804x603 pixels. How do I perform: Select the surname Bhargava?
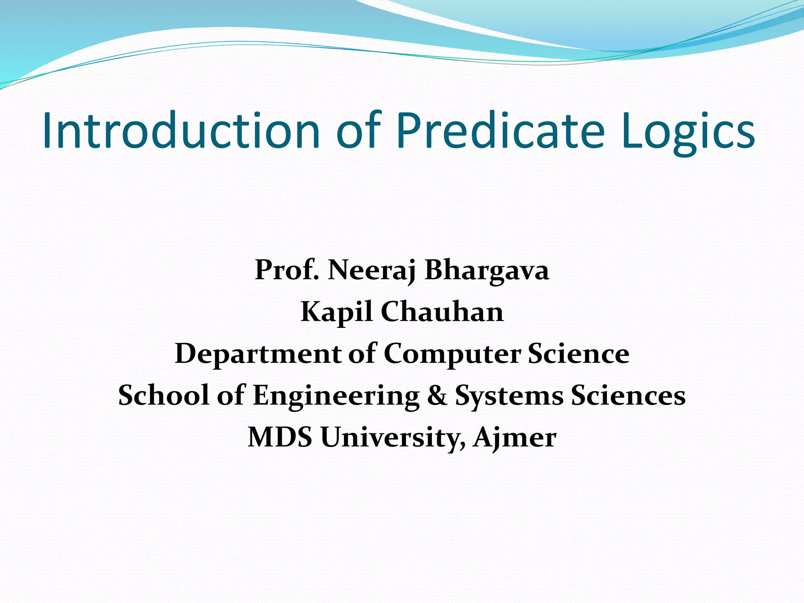[487, 271]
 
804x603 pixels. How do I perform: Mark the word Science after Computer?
[579, 353]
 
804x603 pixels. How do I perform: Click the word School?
[164, 395]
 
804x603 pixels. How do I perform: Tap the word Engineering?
[336, 396]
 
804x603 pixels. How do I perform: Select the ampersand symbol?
[437, 395]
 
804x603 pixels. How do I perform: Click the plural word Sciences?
[629, 395]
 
